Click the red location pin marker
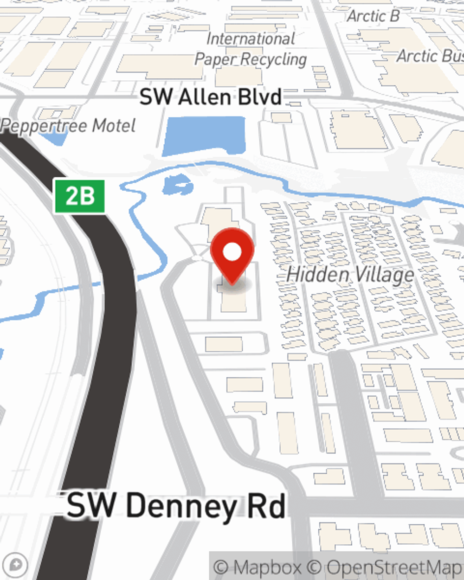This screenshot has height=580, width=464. click(232, 255)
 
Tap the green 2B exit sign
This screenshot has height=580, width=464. click(80, 196)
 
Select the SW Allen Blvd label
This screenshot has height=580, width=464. click(211, 97)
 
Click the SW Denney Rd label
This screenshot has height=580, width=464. click(176, 506)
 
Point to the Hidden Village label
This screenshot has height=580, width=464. click(350, 274)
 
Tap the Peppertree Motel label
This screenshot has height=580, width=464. click(69, 126)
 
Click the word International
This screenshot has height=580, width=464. click(251, 39)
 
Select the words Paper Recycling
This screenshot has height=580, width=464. click(251, 59)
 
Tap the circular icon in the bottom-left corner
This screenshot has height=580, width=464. click(16, 565)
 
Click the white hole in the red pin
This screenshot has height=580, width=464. click(232, 252)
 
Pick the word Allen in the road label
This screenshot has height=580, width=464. click(204, 97)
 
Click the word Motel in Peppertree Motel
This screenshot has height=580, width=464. click(114, 126)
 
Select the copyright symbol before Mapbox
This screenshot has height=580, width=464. click(221, 567)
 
